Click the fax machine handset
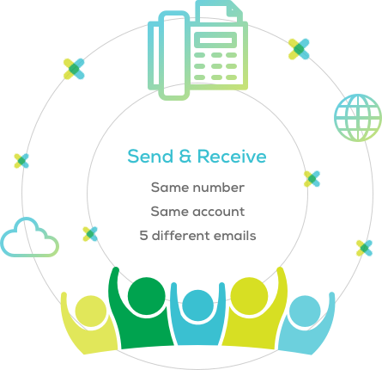coord(174,56)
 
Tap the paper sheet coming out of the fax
coord(219,11)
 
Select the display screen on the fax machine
coord(215,40)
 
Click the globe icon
coord(358,118)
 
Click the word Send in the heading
coord(150,157)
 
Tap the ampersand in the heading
coord(185,157)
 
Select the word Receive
coord(232,157)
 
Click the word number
coord(219,188)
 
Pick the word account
coord(219,212)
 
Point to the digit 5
coord(143,236)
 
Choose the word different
coord(181,236)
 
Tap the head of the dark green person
coord(147,296)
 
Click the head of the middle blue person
coord(198,305)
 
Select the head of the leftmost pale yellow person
coord(91,311)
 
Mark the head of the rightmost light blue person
coord(305,311)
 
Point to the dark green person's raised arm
coord(113,290)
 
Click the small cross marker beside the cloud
coord(90,234)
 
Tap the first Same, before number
coord(170,188)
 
